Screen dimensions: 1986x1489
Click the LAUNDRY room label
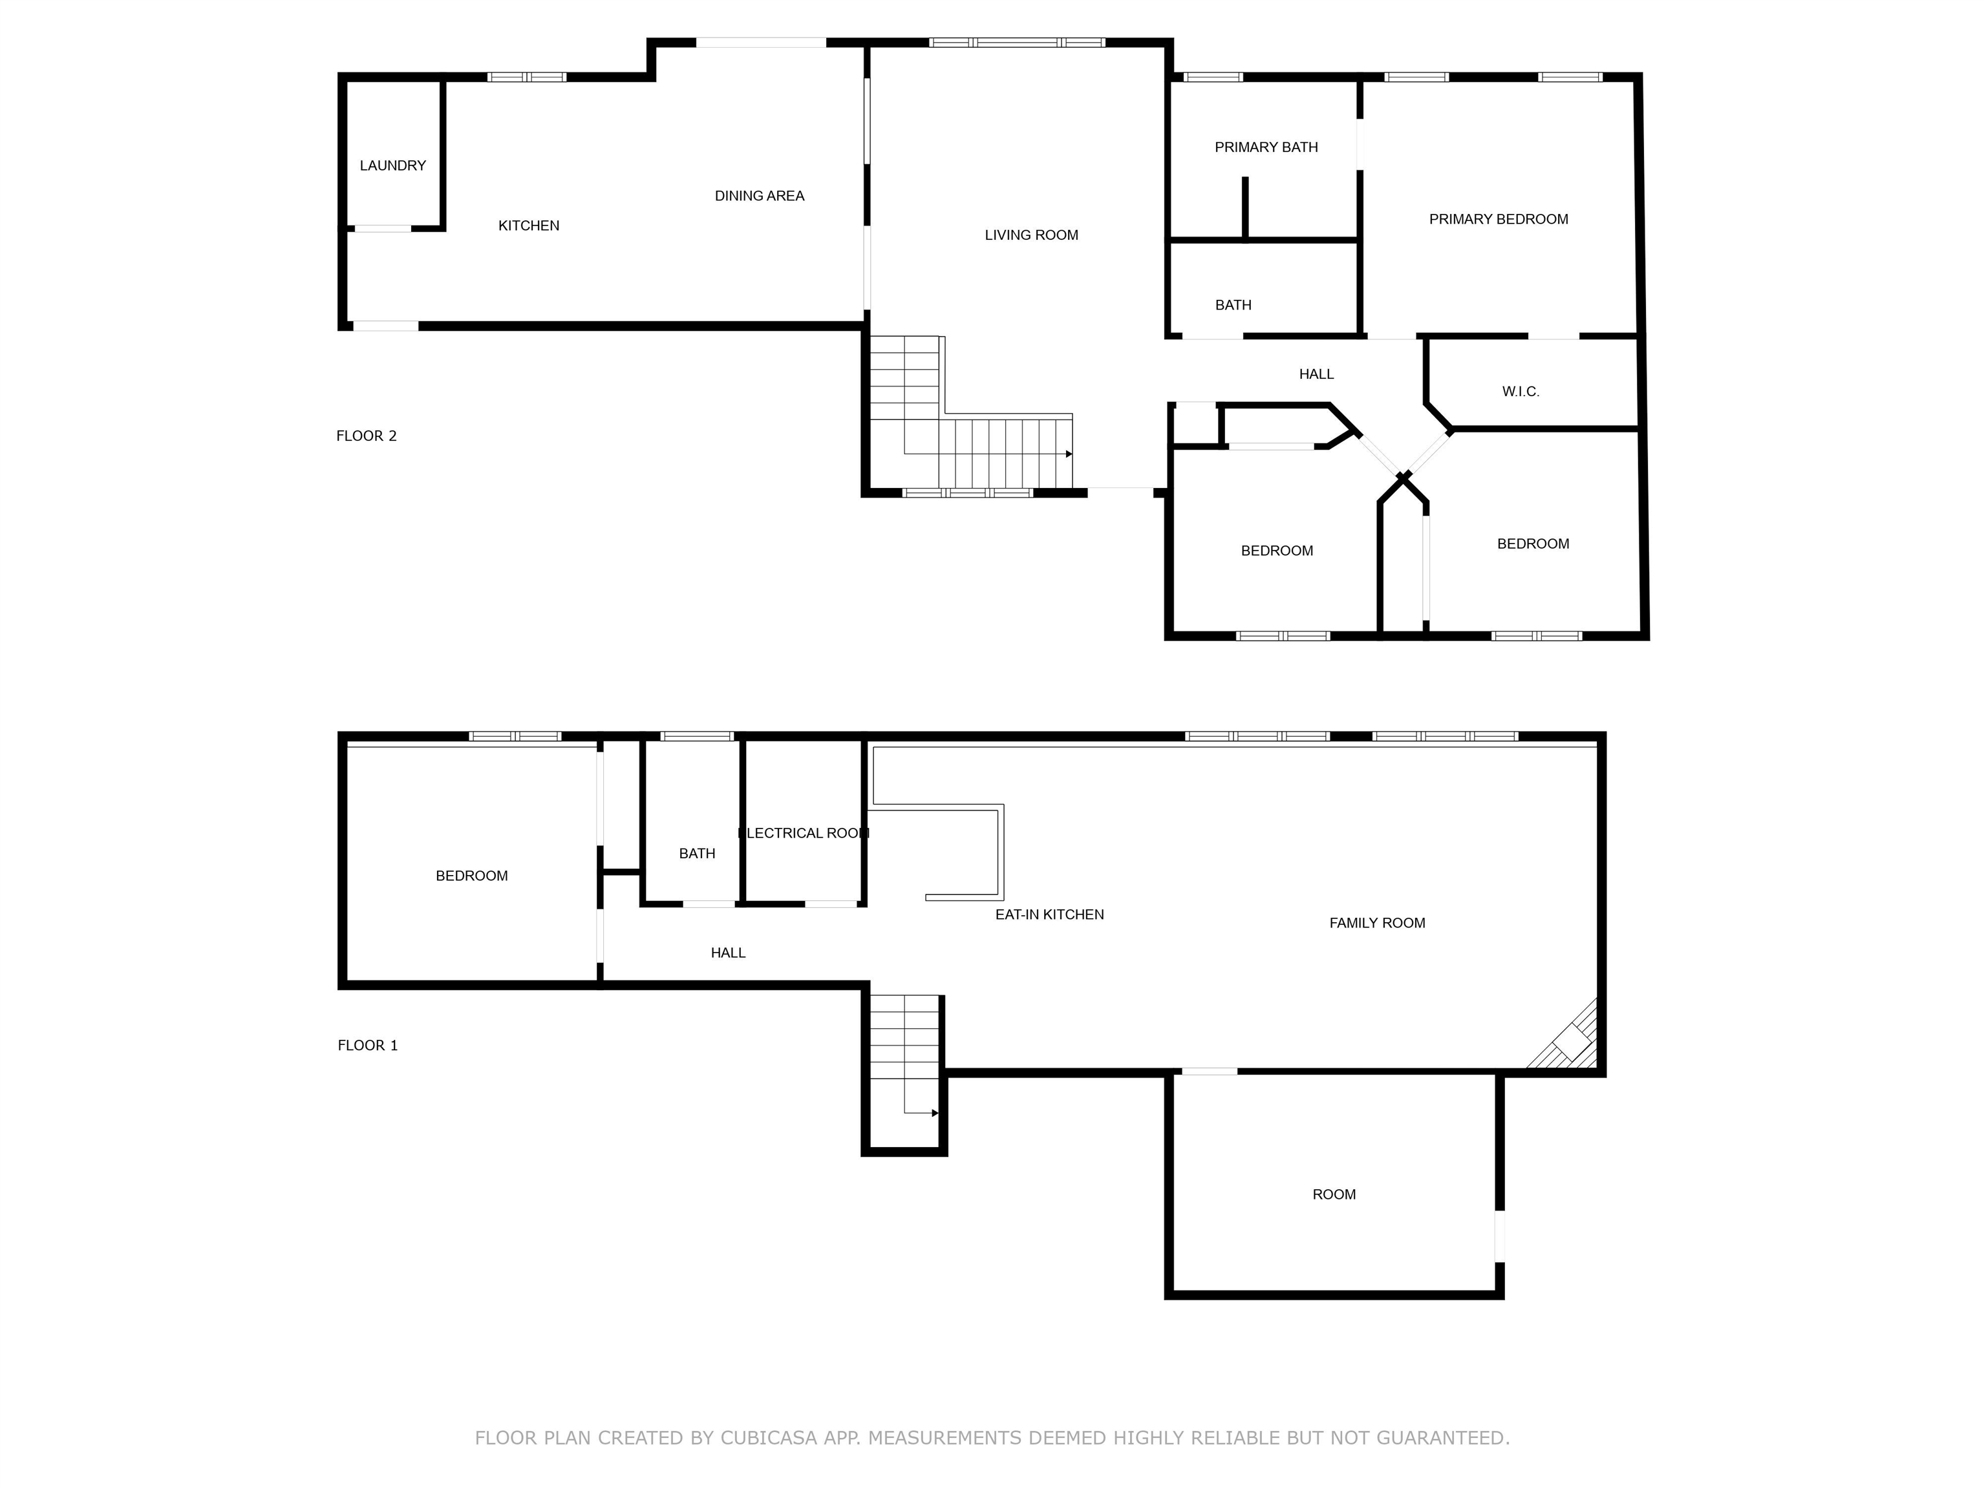tap(392, 165)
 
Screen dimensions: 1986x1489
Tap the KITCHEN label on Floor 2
tap(529, 226)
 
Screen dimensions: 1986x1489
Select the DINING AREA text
tap(760, 196)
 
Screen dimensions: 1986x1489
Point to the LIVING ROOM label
tap(1032, 235)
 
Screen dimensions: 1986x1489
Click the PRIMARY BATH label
tap(1266, 147)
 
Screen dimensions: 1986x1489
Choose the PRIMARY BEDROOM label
tap(1499, 219)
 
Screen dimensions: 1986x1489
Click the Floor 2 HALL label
tap(1316, 374)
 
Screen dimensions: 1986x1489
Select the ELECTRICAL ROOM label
tap(804, 833)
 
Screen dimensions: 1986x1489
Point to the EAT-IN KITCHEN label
tap(1049, 914)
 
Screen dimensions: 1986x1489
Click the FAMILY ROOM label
tap(1377, 923)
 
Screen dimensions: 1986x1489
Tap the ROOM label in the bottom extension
tap(1334, 1194)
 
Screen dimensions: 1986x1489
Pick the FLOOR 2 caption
tap(367, 436)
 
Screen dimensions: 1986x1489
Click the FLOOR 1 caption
tap(367, 1045)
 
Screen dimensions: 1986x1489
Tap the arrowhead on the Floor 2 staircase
tap(1069, 454)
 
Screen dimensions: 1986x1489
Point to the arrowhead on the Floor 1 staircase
tap(935, 1113)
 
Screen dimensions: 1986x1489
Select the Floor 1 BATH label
tap(697, 854)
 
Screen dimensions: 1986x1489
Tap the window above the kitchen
tap(527, 77)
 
